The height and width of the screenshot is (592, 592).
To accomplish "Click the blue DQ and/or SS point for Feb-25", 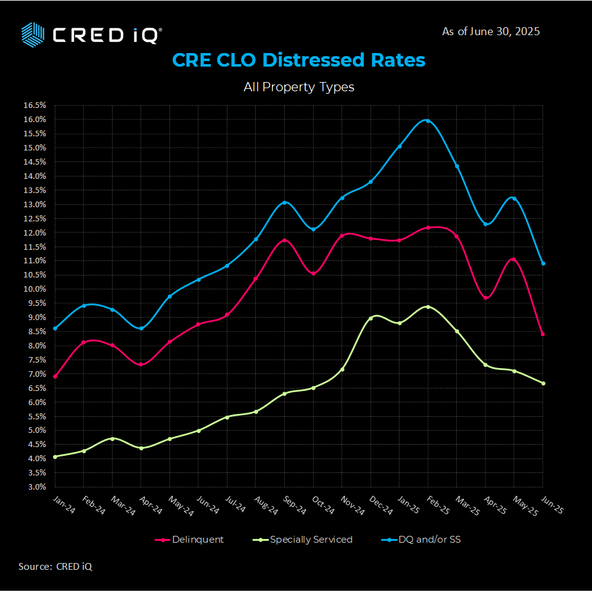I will click(428, 121).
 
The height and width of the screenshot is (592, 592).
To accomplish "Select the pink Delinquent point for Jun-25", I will click(543, 334).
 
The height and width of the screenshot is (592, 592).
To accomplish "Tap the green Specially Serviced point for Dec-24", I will click(371, 318).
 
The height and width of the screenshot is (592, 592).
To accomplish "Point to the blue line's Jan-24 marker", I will click(55, 328).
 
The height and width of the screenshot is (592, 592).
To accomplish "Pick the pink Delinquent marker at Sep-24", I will click(285, 240).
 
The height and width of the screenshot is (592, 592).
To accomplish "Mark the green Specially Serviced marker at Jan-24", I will click(55, 457).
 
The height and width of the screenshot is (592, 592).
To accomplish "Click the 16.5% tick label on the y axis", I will click(35, 105).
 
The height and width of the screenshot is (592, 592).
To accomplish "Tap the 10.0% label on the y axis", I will click(35, 289).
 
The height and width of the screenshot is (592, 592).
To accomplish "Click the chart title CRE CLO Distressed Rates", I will click(298, 60).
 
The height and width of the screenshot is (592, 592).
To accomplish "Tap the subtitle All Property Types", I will click(298, 87).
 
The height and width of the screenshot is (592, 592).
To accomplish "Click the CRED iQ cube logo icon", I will click(33, 34).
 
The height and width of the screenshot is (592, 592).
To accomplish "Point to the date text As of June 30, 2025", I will click(491, 31).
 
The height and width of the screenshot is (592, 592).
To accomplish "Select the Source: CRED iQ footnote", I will click(55, 567).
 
